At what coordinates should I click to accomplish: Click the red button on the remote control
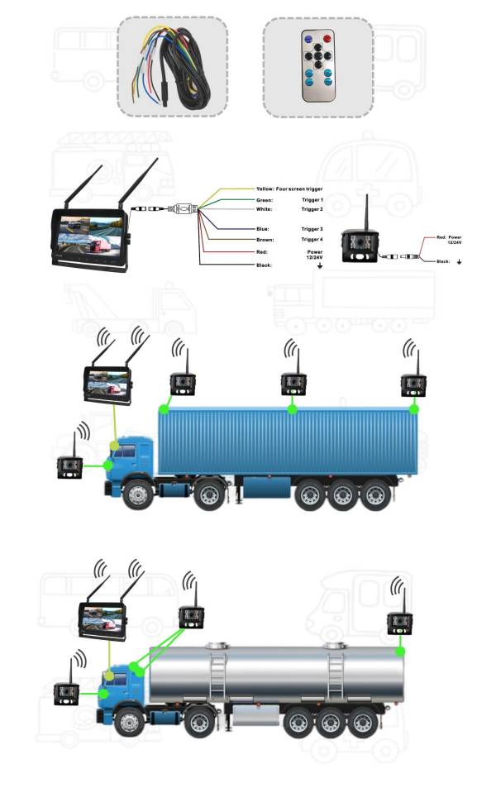(x=327, y=38)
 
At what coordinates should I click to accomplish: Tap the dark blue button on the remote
(x=308, y=38)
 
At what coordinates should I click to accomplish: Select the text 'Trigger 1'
(x=312, y=200)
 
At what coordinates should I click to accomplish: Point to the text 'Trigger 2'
(x=312, y=210)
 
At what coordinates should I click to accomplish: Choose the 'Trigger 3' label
(x=312, y=228)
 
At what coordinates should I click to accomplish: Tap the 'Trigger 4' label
(x=312, y=239)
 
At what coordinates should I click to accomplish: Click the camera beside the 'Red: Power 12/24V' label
(x=360, y=245)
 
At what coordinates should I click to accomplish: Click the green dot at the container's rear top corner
(x=414, y=408)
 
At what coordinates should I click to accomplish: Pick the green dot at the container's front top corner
(x=164, y=408)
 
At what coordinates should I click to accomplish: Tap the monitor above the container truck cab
(x=107, y=384)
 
